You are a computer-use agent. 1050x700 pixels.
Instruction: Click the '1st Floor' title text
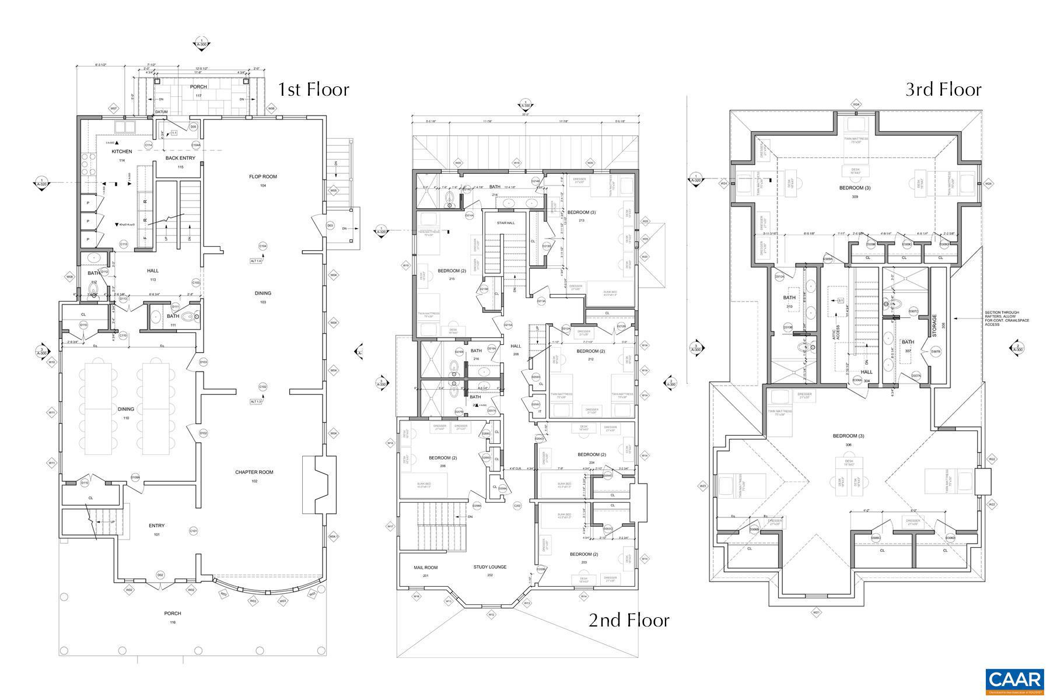(x=313, y=89)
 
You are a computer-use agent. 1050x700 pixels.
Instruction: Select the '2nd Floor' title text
(x=629, y=620)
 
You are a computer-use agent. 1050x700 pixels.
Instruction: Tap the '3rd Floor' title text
(x=943, y=89)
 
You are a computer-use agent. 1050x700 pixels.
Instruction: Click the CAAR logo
(x=1014, y=680)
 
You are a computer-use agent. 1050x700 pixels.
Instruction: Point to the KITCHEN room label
(x=122, y=152)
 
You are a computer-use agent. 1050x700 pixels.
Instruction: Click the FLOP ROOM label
(x=262, y=177)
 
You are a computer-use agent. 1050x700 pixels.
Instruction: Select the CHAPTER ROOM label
(x=254, y=473)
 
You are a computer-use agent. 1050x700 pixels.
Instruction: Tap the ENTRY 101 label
(x=156, y=526)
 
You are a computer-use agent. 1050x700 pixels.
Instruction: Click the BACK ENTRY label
(x=180, y=158)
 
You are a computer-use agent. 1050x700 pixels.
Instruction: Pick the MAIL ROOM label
(x=426, y=567)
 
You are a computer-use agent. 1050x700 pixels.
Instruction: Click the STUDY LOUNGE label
(x=489, y=567)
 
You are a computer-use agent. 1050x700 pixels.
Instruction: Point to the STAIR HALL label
(x=506, y=223)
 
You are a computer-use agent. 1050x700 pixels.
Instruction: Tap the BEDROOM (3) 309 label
(x=855, y=188)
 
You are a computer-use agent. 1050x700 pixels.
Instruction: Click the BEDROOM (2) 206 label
(x=443, y=458)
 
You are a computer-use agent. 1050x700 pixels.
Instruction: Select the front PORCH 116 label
(x=172, y=613)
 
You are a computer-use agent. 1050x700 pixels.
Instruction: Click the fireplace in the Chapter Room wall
(x=319, y=484)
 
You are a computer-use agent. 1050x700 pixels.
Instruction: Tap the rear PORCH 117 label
(x=198, y=87)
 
